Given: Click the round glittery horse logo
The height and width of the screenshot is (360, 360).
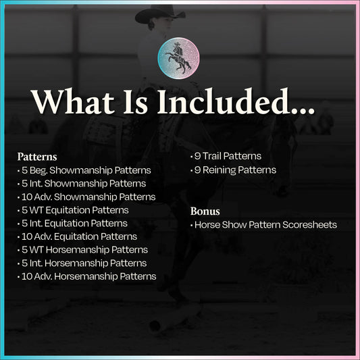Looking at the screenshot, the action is (x=178, y=58).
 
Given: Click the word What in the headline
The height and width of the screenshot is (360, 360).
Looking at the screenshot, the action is (x=72, y=102).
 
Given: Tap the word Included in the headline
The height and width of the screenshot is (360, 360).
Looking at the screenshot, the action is (x=222, y=101).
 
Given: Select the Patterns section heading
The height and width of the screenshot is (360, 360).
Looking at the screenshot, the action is (x=37, y=157).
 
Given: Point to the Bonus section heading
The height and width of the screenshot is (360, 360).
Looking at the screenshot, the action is (x=205, y=211).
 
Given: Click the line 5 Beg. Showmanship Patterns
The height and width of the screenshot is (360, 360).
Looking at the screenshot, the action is (x=84, y=170).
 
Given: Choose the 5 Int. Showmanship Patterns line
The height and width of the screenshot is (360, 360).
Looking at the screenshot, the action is (x=82, y=184).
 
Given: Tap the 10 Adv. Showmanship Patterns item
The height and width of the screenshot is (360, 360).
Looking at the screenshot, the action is (x=86, y=197).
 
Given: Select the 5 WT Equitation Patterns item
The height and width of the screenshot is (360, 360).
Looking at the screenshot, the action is (x=73, y=210).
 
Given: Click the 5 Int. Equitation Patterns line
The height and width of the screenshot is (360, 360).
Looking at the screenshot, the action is (x=72, y=224).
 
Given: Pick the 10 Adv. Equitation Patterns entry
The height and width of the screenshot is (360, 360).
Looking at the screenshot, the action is (x=78, y=236).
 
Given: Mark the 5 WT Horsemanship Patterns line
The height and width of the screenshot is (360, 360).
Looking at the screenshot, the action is (x=82, y=250).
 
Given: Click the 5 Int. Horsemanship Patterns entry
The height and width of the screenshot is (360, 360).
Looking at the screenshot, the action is (x=82, y=263).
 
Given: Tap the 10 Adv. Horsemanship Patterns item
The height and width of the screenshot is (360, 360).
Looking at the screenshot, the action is (x=86, y=276).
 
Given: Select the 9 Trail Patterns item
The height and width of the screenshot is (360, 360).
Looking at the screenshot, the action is (x=226, y=156).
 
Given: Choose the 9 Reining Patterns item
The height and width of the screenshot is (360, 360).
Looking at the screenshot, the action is (x=233, y=170).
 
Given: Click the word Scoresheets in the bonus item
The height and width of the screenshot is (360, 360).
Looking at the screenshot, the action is (x=309, y=225).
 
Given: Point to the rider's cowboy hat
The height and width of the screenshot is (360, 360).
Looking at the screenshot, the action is (x=159, y=14).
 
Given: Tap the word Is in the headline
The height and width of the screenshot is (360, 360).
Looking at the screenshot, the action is (x=136, y=102).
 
